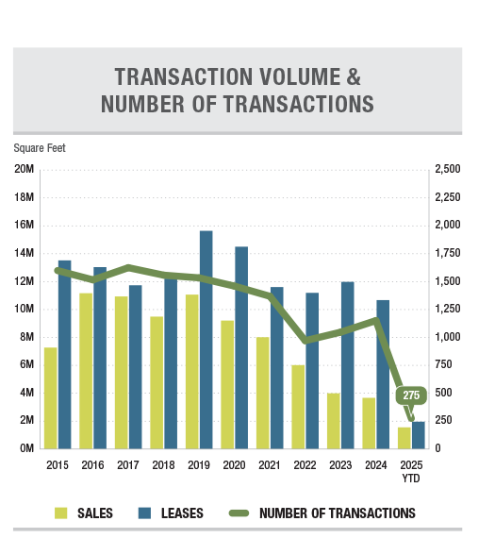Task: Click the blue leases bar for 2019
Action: [x=206, y=340]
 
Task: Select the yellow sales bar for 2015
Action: [x=51, y=398]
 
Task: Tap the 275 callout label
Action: [x=411, y=395]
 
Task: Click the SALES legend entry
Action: [x=84, y=513]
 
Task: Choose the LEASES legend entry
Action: [x=171, y=513]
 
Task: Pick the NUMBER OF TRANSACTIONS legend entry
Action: [x=322, y=513]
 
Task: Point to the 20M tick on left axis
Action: [x=24, y=169]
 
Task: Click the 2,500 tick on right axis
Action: [x=448, y=169]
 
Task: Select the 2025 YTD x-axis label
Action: [x=411, y=471]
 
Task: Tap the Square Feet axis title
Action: [x=40, y=148]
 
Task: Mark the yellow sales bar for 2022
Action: [x=298, y=407]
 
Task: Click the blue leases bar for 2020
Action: [x=241, y=347]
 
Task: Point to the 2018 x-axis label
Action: [x=163, y=465]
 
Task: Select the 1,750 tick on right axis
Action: [x=448, y=253]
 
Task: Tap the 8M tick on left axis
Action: [x=26, y=337]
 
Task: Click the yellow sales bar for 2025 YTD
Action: [x=404, y=438]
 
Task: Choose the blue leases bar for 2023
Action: [x=348, y=365]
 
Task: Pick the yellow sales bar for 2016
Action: [x=86, y=371]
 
